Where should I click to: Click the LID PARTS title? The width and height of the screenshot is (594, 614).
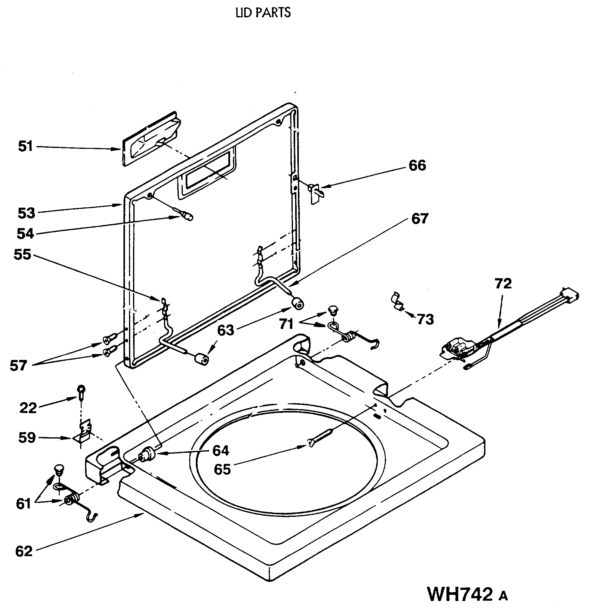click(x=263, y=12)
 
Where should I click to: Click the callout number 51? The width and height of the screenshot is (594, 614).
click(x=25, y=146)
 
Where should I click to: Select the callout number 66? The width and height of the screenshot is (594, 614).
click(x=417, y=165)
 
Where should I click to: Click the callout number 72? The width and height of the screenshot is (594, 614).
click(x=503, y=283)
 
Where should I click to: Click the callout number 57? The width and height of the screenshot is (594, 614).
click(x=18, y=365)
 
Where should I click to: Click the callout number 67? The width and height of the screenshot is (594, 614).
click(x=420, y=219)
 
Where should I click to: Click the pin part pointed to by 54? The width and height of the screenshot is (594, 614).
click(x=187, y=216)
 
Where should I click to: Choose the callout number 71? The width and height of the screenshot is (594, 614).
click(x=286, y=324)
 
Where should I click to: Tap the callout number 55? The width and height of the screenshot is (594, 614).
click(x=22, y=255)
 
